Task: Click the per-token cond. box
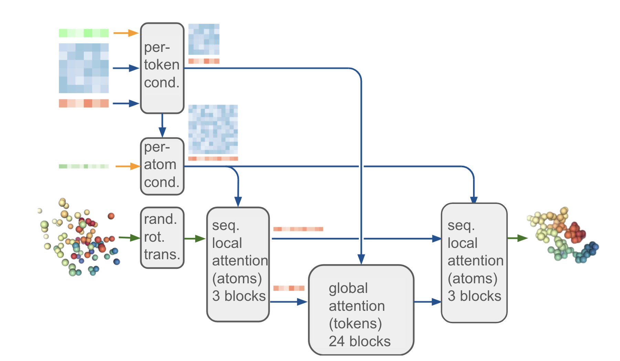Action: (x=162, y=68)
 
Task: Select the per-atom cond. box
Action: (x=162, y=166)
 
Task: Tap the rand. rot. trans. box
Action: (x=162, y=237)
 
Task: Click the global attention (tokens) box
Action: (x=361, y=309)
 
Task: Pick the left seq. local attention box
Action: (x=238, y=264)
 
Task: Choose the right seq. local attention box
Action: (x=474, y=263)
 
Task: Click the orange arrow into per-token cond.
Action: (x=126, y=33)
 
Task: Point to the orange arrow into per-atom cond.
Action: (x=127, y=166)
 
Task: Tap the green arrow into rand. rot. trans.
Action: (x=129, y=238)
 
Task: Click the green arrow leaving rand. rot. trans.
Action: (x=195, y=238)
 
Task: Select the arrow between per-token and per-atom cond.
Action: (x=162, y=125)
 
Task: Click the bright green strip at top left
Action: (x=84, y=33)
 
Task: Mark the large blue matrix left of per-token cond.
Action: (x=84, y=68)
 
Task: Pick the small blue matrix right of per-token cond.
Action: (x=204, y=39)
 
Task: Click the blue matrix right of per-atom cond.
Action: (x=213, y=129)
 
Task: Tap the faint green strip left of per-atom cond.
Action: (x=84, y=166)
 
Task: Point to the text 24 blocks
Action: (x=360, y=341)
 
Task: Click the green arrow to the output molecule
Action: (x=517, y=238)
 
